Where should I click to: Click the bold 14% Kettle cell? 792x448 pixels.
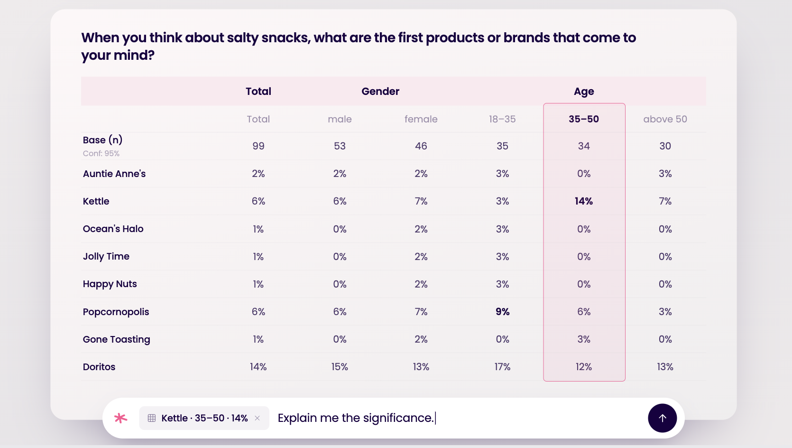coord(584,201)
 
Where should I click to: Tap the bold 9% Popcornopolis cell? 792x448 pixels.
coord(502,311)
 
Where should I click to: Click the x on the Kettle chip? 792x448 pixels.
coord(258,418)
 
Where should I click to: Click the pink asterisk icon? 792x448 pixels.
coord(120,418)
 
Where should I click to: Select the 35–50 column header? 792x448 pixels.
coord(584,119)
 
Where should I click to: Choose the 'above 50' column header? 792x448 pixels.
coord(665,119)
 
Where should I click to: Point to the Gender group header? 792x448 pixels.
coord(380,91)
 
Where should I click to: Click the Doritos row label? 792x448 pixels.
coord(99,366)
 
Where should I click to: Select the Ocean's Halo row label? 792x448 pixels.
coord(113,229)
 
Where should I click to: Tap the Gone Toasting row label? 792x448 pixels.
coord(116,339)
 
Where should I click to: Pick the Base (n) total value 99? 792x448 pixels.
coord(258,146)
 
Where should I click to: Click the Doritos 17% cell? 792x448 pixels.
coord(502,366)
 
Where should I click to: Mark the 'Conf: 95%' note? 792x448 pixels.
coord(101,153)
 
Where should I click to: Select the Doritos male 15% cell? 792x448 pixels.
coord(340,366)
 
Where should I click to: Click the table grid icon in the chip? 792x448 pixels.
coord(152,418)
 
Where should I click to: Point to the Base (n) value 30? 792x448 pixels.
coord(665,146)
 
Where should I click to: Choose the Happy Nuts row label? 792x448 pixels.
coord(110,284)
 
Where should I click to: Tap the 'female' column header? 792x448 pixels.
coord(421,119)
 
